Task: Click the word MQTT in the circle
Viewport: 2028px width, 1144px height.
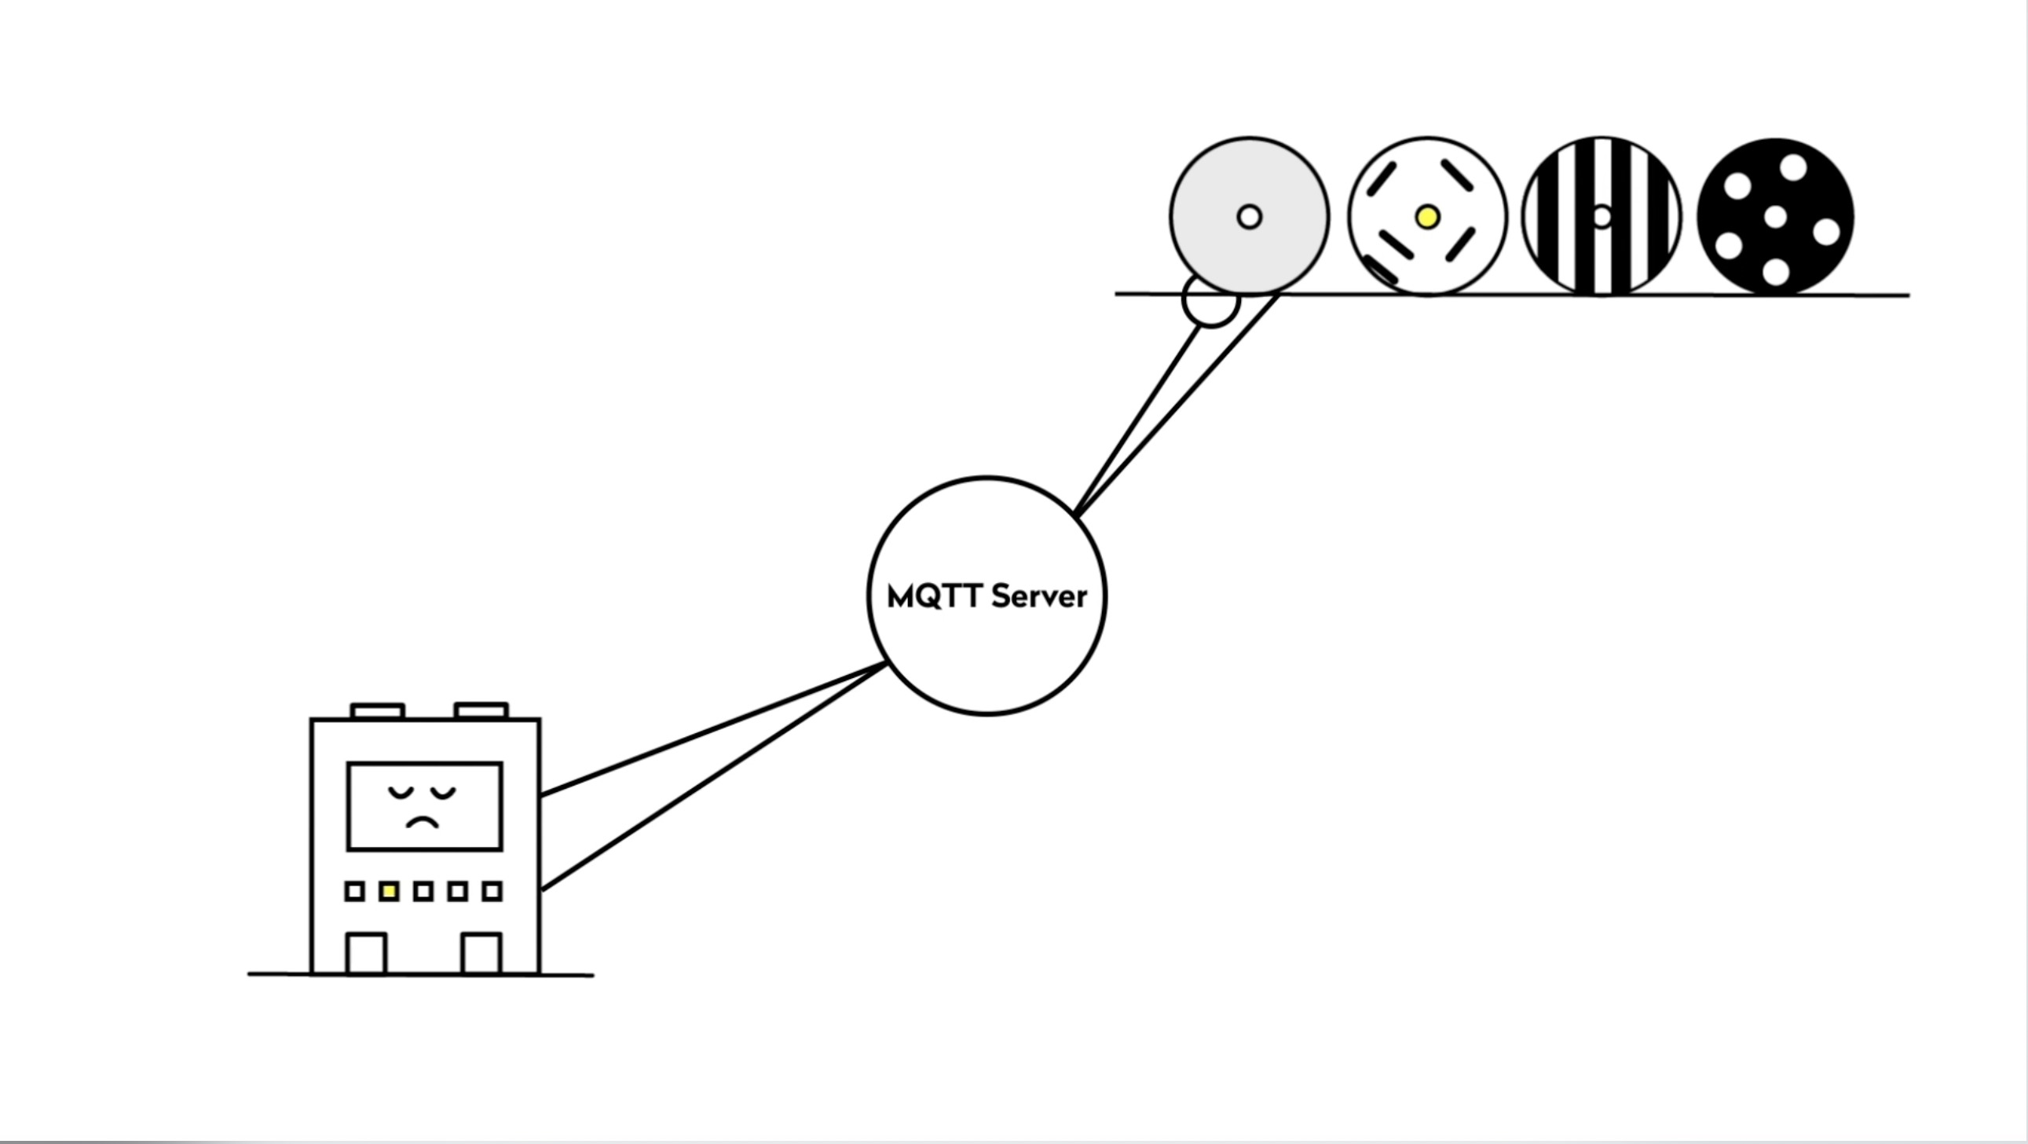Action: click(935, 597)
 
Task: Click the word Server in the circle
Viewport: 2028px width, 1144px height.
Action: click(1039, 597)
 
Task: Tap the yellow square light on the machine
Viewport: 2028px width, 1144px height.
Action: click(389, 891)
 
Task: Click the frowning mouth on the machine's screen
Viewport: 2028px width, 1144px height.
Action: click(422, 823)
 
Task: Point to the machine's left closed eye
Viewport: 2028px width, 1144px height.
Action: click(401, 792)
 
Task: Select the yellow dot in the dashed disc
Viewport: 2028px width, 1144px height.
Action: click(1427, 217)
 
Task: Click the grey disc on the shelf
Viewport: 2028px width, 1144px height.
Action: click(1250, 217)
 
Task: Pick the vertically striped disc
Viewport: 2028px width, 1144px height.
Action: click(1602, 217)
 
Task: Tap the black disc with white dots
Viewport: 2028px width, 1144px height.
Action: click(1775, 217)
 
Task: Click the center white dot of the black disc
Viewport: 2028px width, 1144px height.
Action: click(1775, 217)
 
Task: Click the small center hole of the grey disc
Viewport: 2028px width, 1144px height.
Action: click(1250, 217)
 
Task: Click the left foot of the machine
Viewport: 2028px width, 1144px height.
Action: click(367, 954)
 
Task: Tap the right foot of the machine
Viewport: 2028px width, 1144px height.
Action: click(481, 954)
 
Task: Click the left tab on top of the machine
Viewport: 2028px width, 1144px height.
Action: click(378, 711)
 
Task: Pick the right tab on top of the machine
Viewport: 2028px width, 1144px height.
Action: click(481, 711)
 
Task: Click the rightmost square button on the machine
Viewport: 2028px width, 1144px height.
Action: click(492, 891)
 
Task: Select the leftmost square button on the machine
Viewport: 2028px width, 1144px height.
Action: click(354, 891)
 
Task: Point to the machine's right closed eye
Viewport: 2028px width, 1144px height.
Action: click(443, 792)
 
